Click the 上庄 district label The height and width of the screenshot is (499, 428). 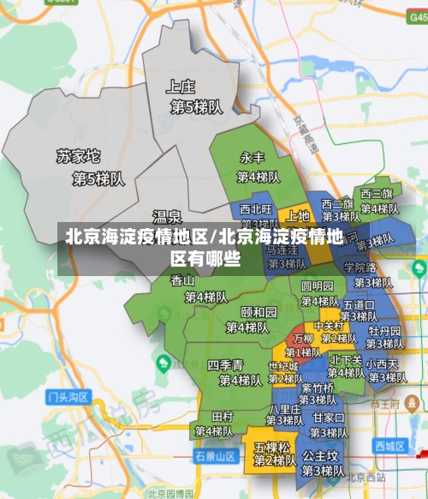181,86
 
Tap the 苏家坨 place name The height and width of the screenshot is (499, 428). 79,157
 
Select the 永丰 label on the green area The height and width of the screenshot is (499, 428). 252,158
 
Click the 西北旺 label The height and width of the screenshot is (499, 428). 256,208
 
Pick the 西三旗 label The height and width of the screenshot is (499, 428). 376,193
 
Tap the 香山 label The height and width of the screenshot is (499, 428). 182,280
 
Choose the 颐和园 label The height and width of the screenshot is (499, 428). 259,311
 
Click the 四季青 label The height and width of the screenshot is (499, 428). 226,364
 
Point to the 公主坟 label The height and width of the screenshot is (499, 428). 321,456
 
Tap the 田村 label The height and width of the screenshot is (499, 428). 223,416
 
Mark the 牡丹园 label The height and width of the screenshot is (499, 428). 384,331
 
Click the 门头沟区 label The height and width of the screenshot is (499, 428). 68,397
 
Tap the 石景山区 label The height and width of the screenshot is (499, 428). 215,455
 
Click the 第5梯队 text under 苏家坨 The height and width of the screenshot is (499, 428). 98,179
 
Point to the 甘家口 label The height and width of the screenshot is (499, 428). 329,418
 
